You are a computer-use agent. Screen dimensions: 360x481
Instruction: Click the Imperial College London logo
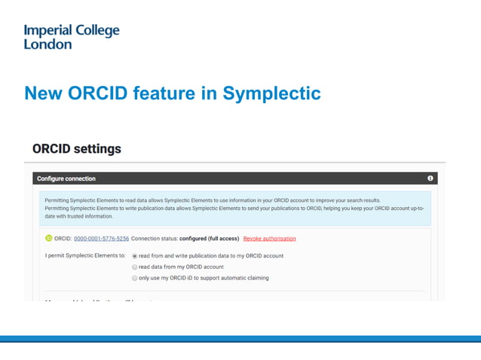(x=72, y=37)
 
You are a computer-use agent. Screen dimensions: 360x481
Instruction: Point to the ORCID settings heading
(x=76, y=148)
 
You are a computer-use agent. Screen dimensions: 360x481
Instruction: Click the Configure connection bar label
(x=66, y=178)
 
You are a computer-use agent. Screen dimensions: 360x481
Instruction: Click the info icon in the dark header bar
(x=430, y=178)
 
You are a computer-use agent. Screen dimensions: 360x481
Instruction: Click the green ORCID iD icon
(x=49, y=238)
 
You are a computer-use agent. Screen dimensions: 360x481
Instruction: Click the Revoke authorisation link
(x=269, y=239)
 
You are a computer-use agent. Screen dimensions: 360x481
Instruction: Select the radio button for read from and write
(x=135, y=256)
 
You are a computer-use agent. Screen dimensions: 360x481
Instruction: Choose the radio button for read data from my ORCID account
(x=135, y=267)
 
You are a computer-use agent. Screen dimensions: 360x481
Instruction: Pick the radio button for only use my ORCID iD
(x=135, y=278)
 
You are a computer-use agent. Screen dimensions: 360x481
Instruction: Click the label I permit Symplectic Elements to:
(x=85, y=256)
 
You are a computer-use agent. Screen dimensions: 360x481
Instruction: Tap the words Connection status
(x=155, y=239)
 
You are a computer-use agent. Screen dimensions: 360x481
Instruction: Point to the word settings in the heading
(x=96, y=148)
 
